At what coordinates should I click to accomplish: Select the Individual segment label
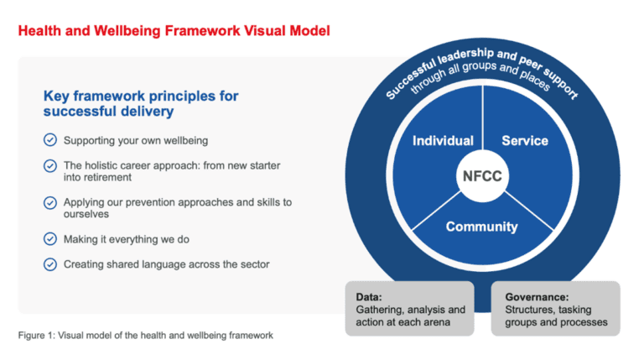pyautogui.click(x=443, y=141)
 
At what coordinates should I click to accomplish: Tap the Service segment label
pyautogui.click(x=524, y=141)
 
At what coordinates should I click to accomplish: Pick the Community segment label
pyautogui.click(x=481, y=227)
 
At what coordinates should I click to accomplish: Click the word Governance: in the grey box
pyautogui.click(x=538, y=296)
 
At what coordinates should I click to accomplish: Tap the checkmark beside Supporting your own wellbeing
pyautogui.click(x=50, y=139)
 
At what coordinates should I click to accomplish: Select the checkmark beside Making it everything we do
pyautogui.click(x=50, y=239)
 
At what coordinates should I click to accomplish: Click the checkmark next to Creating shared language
pyautogui.click(x=50, y=264)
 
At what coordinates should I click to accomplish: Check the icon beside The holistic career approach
pyautogui.click(x=50, y=165)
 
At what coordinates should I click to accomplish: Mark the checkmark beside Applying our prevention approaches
pyautogui.click(x=50, y=202)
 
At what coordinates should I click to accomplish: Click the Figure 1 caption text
pyautogui.click(x=146, y=336)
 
